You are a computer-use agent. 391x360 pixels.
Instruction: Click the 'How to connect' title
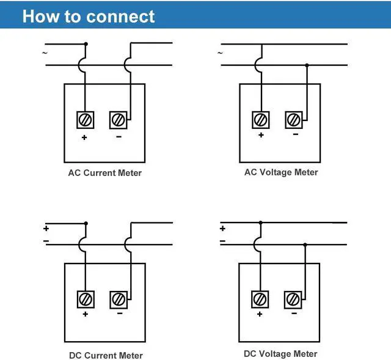point(89,16)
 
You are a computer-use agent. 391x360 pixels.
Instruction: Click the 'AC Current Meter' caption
point(104,173)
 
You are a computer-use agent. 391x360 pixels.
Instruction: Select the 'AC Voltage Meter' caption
point(281,172)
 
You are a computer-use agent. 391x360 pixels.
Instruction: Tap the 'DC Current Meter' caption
point(106,355)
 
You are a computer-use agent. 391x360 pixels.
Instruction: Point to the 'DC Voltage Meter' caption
point(280,354)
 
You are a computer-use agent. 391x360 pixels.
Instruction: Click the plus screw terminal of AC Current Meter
point(85,120)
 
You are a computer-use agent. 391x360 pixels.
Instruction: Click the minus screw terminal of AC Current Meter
point(118,120)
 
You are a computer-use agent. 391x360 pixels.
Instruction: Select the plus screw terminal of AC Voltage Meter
point(261,120)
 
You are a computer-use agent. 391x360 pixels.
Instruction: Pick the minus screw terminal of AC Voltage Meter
point(294,120)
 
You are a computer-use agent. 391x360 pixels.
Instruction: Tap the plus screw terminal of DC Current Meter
point(86,299)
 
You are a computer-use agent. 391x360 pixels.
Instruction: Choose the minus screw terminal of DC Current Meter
point(119,299)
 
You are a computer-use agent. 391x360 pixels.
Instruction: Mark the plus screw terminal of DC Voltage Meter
point(260,299)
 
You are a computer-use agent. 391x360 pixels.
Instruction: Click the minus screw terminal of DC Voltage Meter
point(293,299)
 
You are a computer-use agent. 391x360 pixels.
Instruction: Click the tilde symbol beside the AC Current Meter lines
point(45,53)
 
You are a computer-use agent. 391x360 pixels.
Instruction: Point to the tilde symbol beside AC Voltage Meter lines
point(220,53)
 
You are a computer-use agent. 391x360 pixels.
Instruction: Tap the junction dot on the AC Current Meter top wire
point(86,43)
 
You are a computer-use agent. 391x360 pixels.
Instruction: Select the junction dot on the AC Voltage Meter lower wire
point(307,65)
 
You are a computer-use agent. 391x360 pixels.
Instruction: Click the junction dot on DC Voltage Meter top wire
point(261,222)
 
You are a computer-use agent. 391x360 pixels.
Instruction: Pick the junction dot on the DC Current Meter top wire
point(86,223)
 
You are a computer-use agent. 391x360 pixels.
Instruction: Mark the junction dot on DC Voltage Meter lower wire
point(305,244)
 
